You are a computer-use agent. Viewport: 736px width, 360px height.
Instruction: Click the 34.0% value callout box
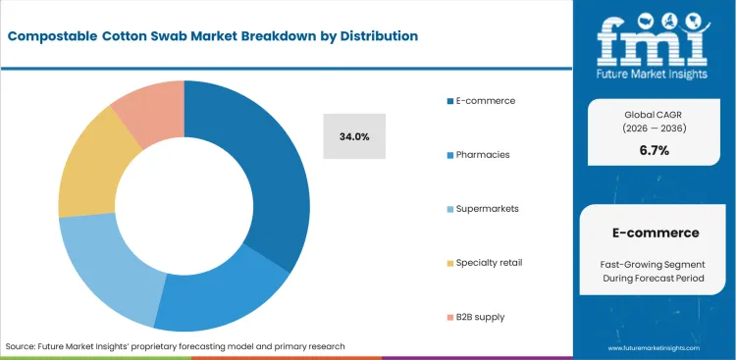tap(354, 136)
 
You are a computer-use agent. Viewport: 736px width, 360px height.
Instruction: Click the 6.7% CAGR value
tap(654, 150)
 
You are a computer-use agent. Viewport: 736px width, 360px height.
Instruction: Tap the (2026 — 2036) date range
tap(654, 128)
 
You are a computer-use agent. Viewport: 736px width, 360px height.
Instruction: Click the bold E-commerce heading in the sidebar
tap(654, 232)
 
